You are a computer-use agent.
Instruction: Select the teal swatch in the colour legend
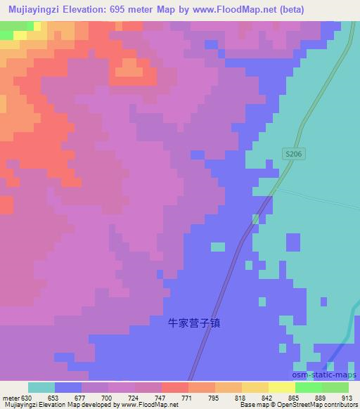(x=41, y=387)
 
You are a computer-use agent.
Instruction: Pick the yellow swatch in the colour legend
(x=281, y=387)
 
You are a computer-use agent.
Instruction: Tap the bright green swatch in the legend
(x=308, y=387)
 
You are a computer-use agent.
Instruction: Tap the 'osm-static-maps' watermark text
(x=328, y=375)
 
